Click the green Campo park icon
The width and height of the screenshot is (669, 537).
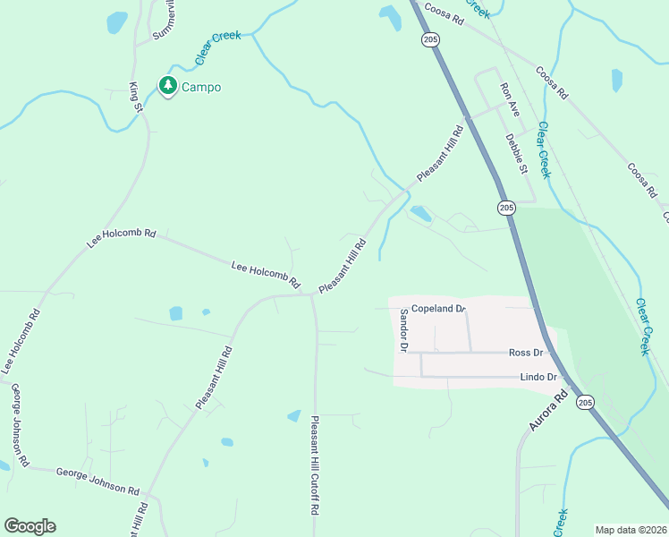pyautogui.click(x=167, y=85)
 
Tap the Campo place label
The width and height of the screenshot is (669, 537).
pyautogui.click(x=201, y=87)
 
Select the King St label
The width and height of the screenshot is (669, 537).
pyautogui.click(x=137, y=97)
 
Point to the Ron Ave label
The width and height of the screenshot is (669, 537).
pyautogui.click(x=510, y=99)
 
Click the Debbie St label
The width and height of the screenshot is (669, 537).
pyautogui.click(x=517, y=154)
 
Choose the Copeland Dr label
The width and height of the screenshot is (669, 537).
pyautogui.click(x=438, y=309)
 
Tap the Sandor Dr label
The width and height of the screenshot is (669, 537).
pyautogui.click(x=403, y=330)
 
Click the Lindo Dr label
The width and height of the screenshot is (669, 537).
pyautogui.click(x=538, y=378)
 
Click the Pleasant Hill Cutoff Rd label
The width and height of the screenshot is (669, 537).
pyautogui.click(x=315, y=465)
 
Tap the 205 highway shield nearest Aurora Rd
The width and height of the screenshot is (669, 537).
pyautogui.click(x=583, y=403)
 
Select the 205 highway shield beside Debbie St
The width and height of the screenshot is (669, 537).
pyautogui.click(x=506, y=208)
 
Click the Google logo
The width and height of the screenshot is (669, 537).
pyautogui.click(x=30, y=526)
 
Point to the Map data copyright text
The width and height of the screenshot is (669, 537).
pyautogui.click(x=631, y=530)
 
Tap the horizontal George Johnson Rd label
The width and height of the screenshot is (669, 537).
pyautogui.click(x=97, y=482)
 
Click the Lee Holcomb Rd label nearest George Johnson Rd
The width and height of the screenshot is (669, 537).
pyautogui.click(x=21, y=341)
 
